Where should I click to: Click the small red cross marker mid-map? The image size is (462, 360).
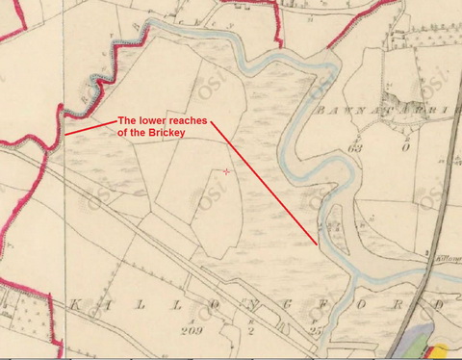tap(226, 171)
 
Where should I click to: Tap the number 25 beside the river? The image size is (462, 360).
tap(314, 330)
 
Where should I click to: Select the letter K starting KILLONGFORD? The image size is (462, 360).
tap(73, 304)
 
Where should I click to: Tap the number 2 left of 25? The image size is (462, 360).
tap(250, 330)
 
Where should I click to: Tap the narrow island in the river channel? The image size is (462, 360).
tap(336, 223)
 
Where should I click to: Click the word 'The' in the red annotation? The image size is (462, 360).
tap(127, 120)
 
